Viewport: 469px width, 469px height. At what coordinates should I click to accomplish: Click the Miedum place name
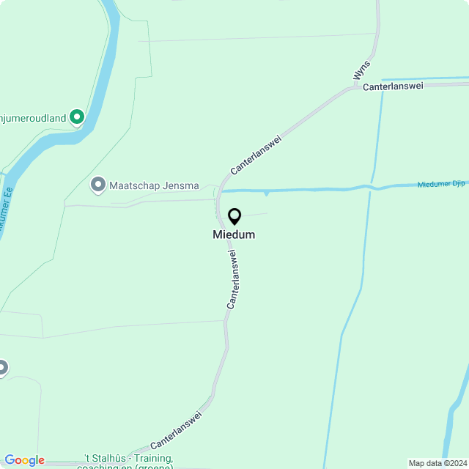234,234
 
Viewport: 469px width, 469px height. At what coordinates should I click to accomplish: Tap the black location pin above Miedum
234,216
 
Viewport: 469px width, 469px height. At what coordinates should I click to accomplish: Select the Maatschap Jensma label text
154,185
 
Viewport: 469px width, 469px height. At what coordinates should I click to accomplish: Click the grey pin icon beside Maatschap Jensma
97,185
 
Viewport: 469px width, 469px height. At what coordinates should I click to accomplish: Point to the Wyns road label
361,70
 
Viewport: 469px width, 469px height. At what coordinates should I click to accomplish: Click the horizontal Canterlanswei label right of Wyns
394,86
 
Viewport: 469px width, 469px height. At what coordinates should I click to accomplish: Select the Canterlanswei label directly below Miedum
234,278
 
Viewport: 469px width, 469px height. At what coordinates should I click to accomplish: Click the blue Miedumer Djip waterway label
443,184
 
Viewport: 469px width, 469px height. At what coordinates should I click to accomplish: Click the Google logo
24,460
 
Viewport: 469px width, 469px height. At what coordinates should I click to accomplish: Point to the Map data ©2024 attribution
437,463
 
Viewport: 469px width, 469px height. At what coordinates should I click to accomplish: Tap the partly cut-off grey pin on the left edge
2,367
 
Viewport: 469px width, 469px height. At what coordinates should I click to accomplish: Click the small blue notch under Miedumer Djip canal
267,193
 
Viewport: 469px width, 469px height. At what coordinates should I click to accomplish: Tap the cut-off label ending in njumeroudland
33,117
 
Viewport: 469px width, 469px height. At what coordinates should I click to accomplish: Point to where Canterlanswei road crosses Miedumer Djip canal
218,191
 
